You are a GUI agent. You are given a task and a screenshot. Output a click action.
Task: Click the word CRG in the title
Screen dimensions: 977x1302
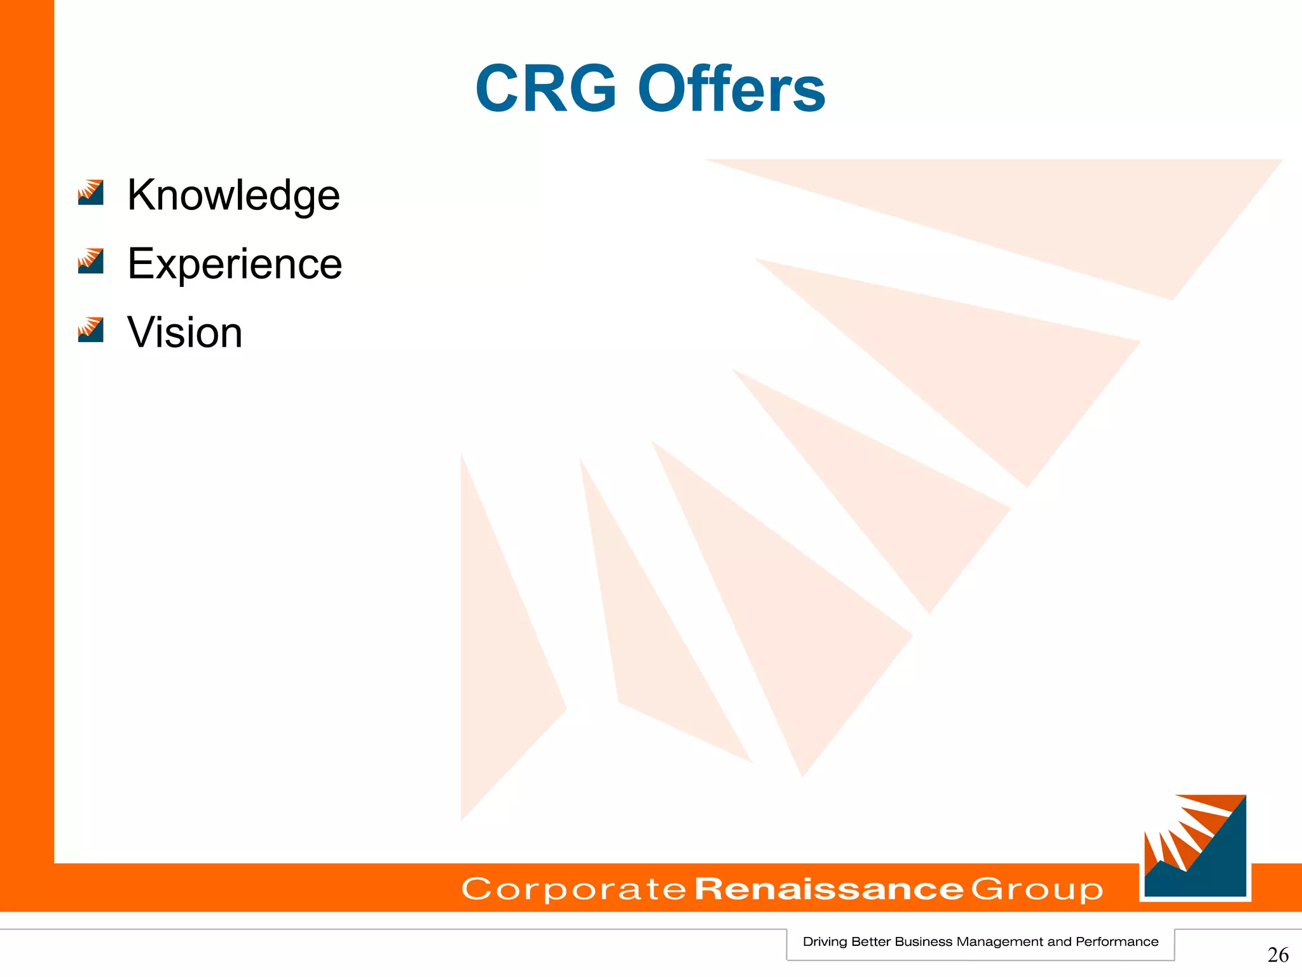545,89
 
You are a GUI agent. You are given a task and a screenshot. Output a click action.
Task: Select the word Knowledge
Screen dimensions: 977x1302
233,195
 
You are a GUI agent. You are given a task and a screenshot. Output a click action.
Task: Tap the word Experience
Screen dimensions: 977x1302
235,263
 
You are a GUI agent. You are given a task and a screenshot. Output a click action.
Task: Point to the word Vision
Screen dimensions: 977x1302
184,332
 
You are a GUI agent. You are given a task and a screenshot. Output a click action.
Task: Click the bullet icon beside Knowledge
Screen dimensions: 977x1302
90,192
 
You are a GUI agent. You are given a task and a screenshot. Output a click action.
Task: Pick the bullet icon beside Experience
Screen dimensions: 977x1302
90,261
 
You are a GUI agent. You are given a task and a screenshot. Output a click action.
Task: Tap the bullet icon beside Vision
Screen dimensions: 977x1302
90,329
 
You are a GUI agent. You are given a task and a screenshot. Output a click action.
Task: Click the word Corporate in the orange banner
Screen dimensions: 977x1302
573,889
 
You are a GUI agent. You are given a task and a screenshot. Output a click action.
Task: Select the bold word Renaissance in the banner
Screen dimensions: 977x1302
829,889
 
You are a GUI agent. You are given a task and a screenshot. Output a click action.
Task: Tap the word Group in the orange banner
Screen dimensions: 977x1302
1036,889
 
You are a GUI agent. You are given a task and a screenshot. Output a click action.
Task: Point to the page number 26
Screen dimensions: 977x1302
1278,955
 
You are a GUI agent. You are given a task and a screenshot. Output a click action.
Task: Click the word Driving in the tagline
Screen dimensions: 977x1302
824,942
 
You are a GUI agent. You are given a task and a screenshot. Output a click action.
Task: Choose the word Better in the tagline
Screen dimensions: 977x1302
870,942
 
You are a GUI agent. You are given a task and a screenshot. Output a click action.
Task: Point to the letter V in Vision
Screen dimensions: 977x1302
140,332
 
